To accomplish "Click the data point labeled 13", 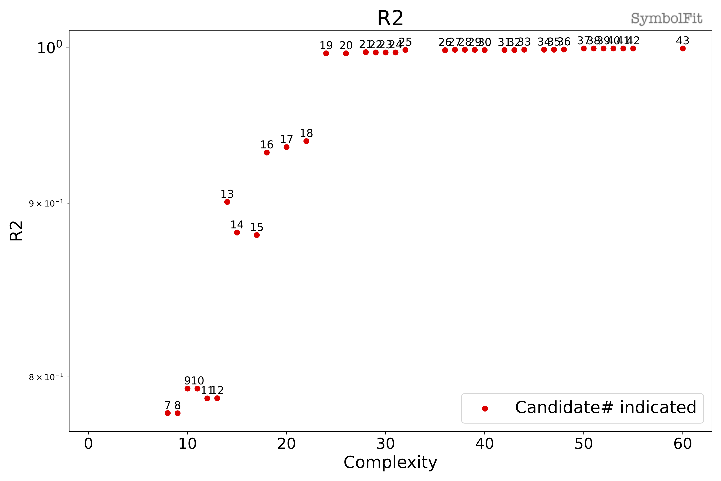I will [227, 202].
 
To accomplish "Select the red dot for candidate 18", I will [306, 141].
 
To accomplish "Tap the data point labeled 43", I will [683, 48].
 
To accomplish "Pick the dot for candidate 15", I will [257, 235].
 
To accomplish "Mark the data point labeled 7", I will [168, 413].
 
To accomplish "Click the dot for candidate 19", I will [326, 53].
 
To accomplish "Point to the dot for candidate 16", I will [267, 152].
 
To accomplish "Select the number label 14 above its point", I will [237, 225].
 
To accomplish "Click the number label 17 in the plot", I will [286, 139].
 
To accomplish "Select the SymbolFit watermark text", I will [667, 19].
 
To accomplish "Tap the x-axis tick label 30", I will [385, 444].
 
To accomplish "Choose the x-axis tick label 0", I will [88, 444].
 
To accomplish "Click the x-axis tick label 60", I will [683, 444].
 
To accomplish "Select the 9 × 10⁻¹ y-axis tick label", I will [46, 203].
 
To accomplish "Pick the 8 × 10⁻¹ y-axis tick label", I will [46, 377].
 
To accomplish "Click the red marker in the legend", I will [485, 408].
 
